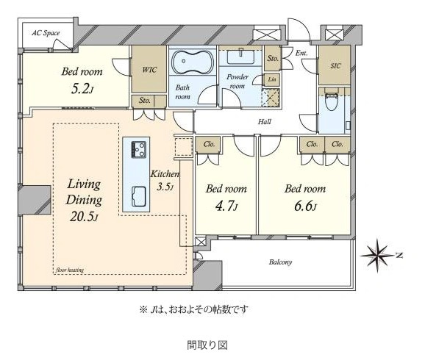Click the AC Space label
point(46,33)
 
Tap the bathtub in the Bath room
point(193,62)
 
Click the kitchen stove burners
point(139,149)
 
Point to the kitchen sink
point(139,196)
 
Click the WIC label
point(149,70)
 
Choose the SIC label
point(335,66)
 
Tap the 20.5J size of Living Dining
point(84,217)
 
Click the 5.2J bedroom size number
point(82,89)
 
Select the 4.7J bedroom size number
point(226,206)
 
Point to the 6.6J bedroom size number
point(305,206)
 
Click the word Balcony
point(281,262)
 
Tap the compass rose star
point(376,255)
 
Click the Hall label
point(265,122)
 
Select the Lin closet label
point(272,79)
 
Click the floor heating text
point(70,270)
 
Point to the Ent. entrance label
point(301,53)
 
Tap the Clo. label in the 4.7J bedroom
point(209,144)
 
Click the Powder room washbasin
point(240,57)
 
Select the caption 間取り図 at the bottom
point(207,345)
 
